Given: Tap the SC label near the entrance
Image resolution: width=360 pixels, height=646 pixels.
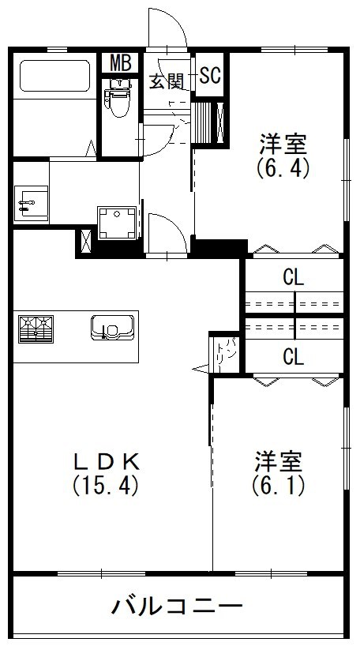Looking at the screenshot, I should point(210,76).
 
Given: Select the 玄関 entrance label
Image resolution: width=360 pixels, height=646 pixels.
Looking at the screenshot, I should point(167,81).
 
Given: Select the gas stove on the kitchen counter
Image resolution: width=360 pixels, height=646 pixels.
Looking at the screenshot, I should point(34,328).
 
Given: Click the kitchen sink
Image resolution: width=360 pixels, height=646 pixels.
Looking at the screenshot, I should point(110,326).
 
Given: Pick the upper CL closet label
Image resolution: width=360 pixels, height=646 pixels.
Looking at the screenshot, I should point(294,277).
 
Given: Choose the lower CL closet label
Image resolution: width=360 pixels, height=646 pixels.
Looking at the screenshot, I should point(294,357).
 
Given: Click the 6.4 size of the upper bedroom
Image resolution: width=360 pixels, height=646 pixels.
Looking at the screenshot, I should point(283,167).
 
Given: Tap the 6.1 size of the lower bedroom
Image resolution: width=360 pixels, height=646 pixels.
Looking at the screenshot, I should point(278,483).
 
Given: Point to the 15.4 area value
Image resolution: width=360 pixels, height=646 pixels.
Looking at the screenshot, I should point(106,484).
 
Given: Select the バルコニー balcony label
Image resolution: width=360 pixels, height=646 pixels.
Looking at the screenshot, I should point(177,607).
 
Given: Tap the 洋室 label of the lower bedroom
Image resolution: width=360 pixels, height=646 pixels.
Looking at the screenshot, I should point(279,460).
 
